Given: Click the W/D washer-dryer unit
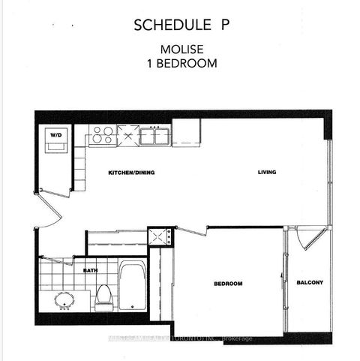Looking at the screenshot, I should [55, 140].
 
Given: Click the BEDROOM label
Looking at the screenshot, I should [227, 283].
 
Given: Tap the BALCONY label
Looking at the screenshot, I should [309, 282].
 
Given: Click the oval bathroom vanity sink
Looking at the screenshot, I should [64, 299].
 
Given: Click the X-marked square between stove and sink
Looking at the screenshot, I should [127, 136].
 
